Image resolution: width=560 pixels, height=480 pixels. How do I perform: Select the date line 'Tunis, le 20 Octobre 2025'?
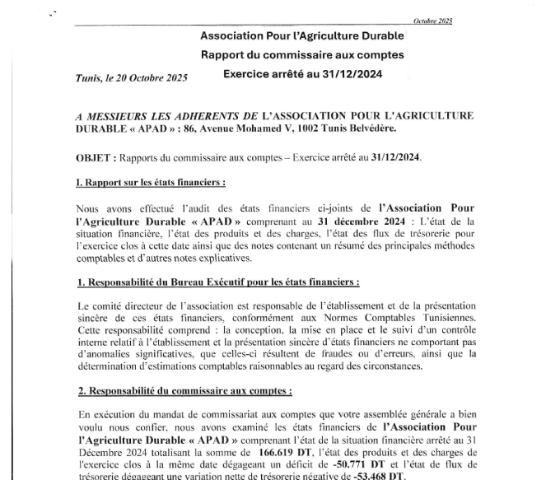(x=131, y=77)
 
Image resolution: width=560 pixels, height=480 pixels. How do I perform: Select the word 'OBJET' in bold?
(x=92, y=156)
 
